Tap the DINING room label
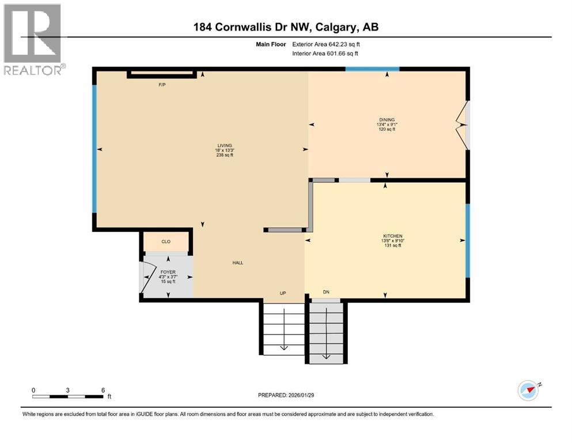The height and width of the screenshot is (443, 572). (387, 119)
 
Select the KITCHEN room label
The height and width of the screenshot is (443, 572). (392, 236)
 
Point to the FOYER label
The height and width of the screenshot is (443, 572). (168, 272)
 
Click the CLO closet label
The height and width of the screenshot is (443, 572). (166, 242)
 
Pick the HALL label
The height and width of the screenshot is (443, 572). (238, 262)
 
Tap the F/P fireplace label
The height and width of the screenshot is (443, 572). (162, 85)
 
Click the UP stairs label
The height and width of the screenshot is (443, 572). (283, 293)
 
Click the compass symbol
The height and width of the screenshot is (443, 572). (528, 391)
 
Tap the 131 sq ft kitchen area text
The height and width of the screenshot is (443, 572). (392, 246)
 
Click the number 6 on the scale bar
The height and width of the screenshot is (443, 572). (103, 390)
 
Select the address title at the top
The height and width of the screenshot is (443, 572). (286, 27)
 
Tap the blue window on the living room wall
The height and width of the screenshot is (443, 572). (94, 149)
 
